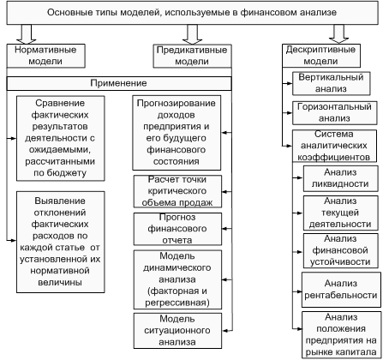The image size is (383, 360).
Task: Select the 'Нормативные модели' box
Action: (45, 56)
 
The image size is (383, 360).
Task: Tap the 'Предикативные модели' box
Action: (192, 56)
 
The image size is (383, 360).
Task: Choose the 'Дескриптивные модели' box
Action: (321, 56)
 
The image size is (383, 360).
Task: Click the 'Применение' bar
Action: (119, 83)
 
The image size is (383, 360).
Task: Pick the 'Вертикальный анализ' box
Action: (332, 83)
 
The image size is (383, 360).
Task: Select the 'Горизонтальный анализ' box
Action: (334, 113)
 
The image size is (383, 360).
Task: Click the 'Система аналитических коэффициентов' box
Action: (334, 146)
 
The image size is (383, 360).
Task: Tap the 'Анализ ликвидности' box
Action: (340, 178)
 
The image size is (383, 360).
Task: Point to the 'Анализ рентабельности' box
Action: (341, 290)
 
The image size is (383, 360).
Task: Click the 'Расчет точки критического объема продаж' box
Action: (177, 191)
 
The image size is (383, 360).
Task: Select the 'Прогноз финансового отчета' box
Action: (177, 229)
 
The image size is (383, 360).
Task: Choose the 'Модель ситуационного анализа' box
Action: (177, 331)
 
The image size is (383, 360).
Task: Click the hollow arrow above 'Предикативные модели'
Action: (192, 34)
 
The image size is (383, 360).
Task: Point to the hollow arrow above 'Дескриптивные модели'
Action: (338, 33)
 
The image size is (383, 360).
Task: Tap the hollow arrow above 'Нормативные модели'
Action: (27, 34)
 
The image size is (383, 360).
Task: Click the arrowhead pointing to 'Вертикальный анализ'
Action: (290, 83)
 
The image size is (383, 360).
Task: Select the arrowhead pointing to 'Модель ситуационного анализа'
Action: (225, 331)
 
